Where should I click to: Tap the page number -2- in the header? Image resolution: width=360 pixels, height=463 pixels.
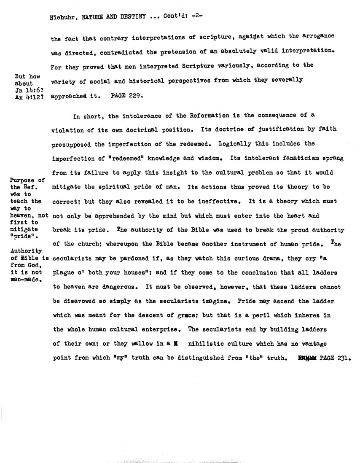(198, 17)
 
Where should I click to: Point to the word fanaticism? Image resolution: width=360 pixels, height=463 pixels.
(303, 158)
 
